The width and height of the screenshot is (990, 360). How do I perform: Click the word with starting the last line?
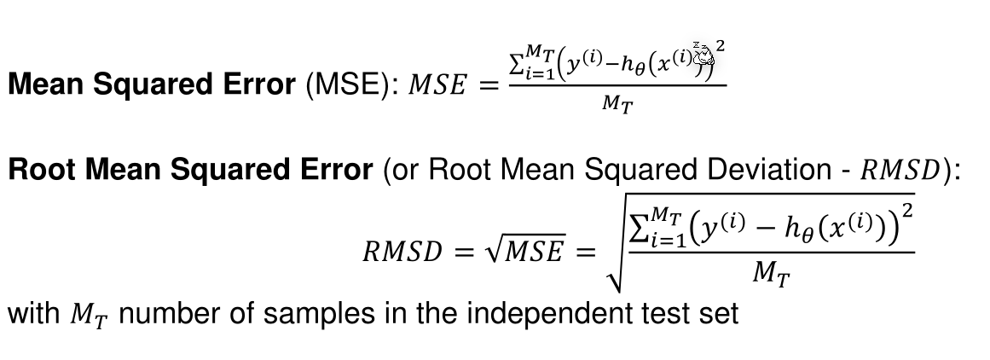click(35, 315)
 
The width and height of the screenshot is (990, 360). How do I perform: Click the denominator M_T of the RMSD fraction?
click(772, 275)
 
